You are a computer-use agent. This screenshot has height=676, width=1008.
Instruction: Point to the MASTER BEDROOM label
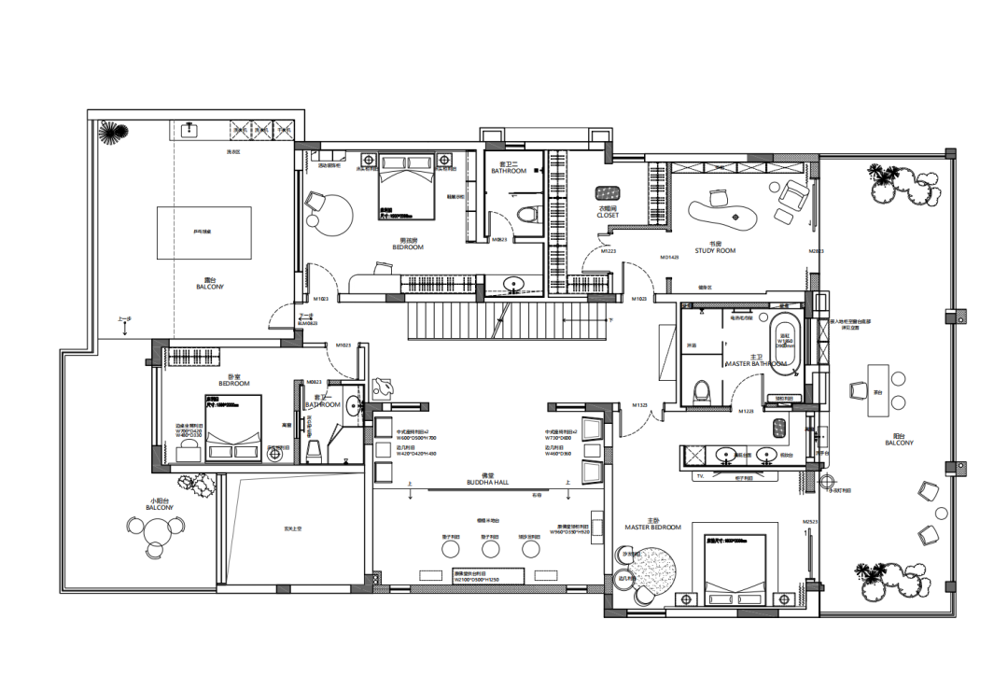(x=653, y=528)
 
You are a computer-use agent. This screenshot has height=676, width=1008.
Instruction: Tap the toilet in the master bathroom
(x=702, y=388)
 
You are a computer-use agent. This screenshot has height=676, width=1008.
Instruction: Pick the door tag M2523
(x=809, y=521)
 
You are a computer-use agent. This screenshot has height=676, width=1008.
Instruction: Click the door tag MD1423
(x=668, y=257)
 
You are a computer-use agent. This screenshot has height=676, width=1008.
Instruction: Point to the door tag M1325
(x=639, y=405)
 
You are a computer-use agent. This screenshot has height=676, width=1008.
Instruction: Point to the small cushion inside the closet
(x=608, y=193)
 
